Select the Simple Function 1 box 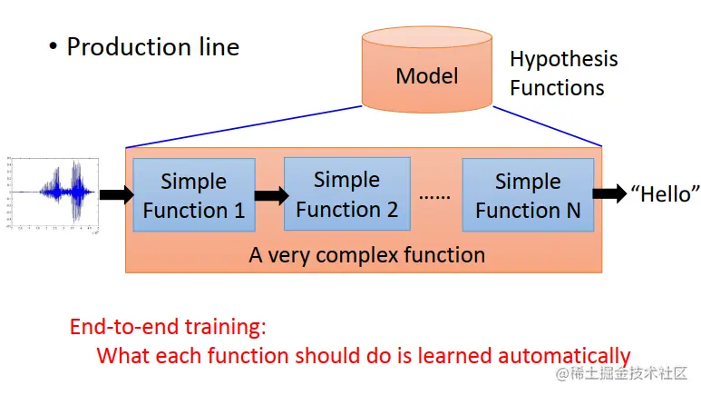[193, 195]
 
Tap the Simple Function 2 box [346, 194]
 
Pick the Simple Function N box [528, 195]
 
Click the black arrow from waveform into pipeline [115, 194]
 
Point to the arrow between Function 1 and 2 [269, 194]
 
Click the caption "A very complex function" [366, 254]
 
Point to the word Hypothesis [563, 60]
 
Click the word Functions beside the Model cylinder [557, 88]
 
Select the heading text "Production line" [152, 46]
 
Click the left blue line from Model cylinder [245, 126]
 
